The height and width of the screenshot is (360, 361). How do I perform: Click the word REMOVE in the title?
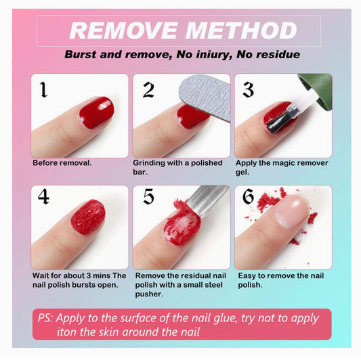(x=124, y=30)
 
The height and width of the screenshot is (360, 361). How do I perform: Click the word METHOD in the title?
(x=241, y=30)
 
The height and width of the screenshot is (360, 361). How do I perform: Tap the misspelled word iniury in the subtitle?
(x=214, y=55)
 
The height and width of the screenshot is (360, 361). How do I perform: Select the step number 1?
(x=43, y=90)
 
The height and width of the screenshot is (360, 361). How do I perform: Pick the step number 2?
(x=148, y=90)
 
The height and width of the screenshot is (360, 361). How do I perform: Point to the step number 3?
(x=249, y=90)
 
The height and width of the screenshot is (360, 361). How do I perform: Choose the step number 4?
(x=43, y=196)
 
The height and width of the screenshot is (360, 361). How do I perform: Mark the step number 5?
(x=148, y=196)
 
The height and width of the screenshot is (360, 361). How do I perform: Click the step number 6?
(x=248, y=196)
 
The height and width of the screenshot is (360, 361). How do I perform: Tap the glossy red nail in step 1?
(x=97, y=112)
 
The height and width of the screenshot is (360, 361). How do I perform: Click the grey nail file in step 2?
(x=206, y=96)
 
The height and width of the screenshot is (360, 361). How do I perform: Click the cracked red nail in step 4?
(x=88, y=217)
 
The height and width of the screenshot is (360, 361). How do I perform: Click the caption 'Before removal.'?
(x=62, y=163)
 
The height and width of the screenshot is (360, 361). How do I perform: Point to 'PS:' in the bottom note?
(x=45, y=318)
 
